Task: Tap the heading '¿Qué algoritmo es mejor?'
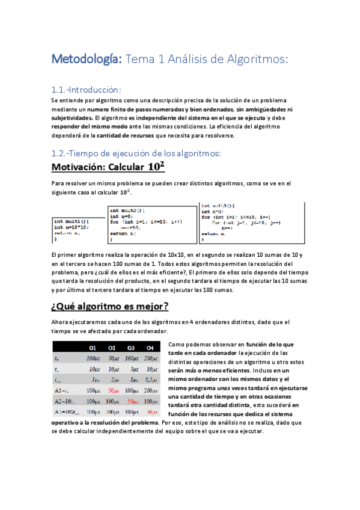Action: click(x=110, y=307)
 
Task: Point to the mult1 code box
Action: click(x=78, y=230)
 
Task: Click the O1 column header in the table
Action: click(x=93, y=348)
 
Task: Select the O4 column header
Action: click(x=150, y=348)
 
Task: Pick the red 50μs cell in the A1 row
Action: click(x=112, y=390)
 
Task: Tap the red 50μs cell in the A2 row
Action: click(x=131, y=401)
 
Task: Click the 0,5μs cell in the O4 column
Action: click(x=150, y=379)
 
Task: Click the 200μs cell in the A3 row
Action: click(x=112, y=412)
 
